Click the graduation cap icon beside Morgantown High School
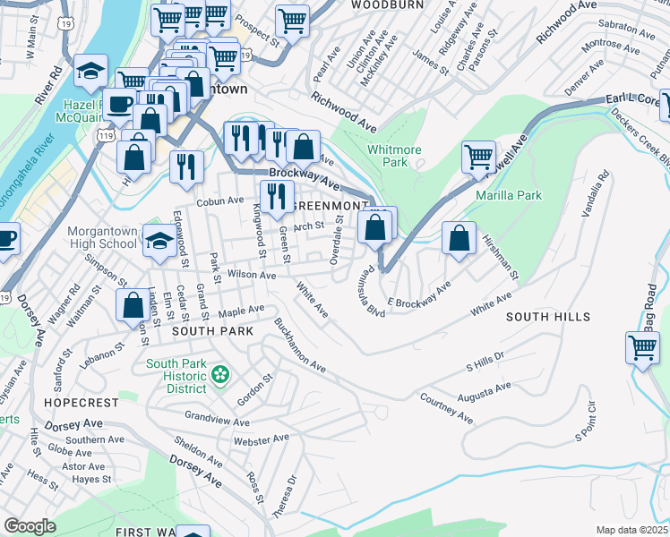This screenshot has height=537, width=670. point(159,241)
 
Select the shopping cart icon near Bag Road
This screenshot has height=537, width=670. point(643,347)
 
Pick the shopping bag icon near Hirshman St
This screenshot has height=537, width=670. point(459,239)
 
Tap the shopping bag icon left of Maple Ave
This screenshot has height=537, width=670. point(133,305)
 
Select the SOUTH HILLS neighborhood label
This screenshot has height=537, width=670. point(547,317)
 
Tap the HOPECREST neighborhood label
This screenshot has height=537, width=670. point(75,403)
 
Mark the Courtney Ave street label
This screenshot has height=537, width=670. point(445,408)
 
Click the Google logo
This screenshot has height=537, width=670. point(29,526)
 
